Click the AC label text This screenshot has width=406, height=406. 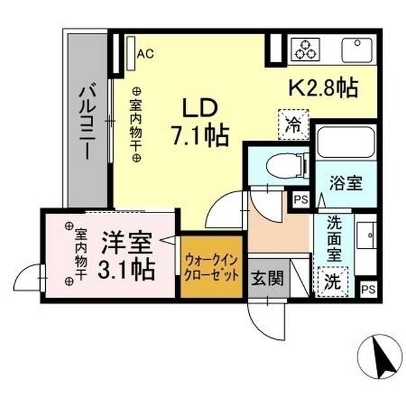pyautogui.click(x=145, y=54)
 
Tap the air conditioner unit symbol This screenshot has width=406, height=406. pyautogui.click(x=131, y=53)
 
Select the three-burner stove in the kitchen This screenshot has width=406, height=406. pyautogui.click(x=306, y=49)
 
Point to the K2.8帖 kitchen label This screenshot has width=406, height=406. pyautogui.click(x=324, y=88)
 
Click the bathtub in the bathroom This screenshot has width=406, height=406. pyautogui.click(x=345, y=141)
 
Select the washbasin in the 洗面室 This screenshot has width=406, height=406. pyautogui.click(x=365, y=235)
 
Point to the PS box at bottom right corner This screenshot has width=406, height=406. pyautogui.click(x=367, y=289)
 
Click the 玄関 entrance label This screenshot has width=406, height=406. pyautogui.click(x=265, y=278)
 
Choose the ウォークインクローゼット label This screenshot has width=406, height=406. pyautogui.click(x=212, y=268)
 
